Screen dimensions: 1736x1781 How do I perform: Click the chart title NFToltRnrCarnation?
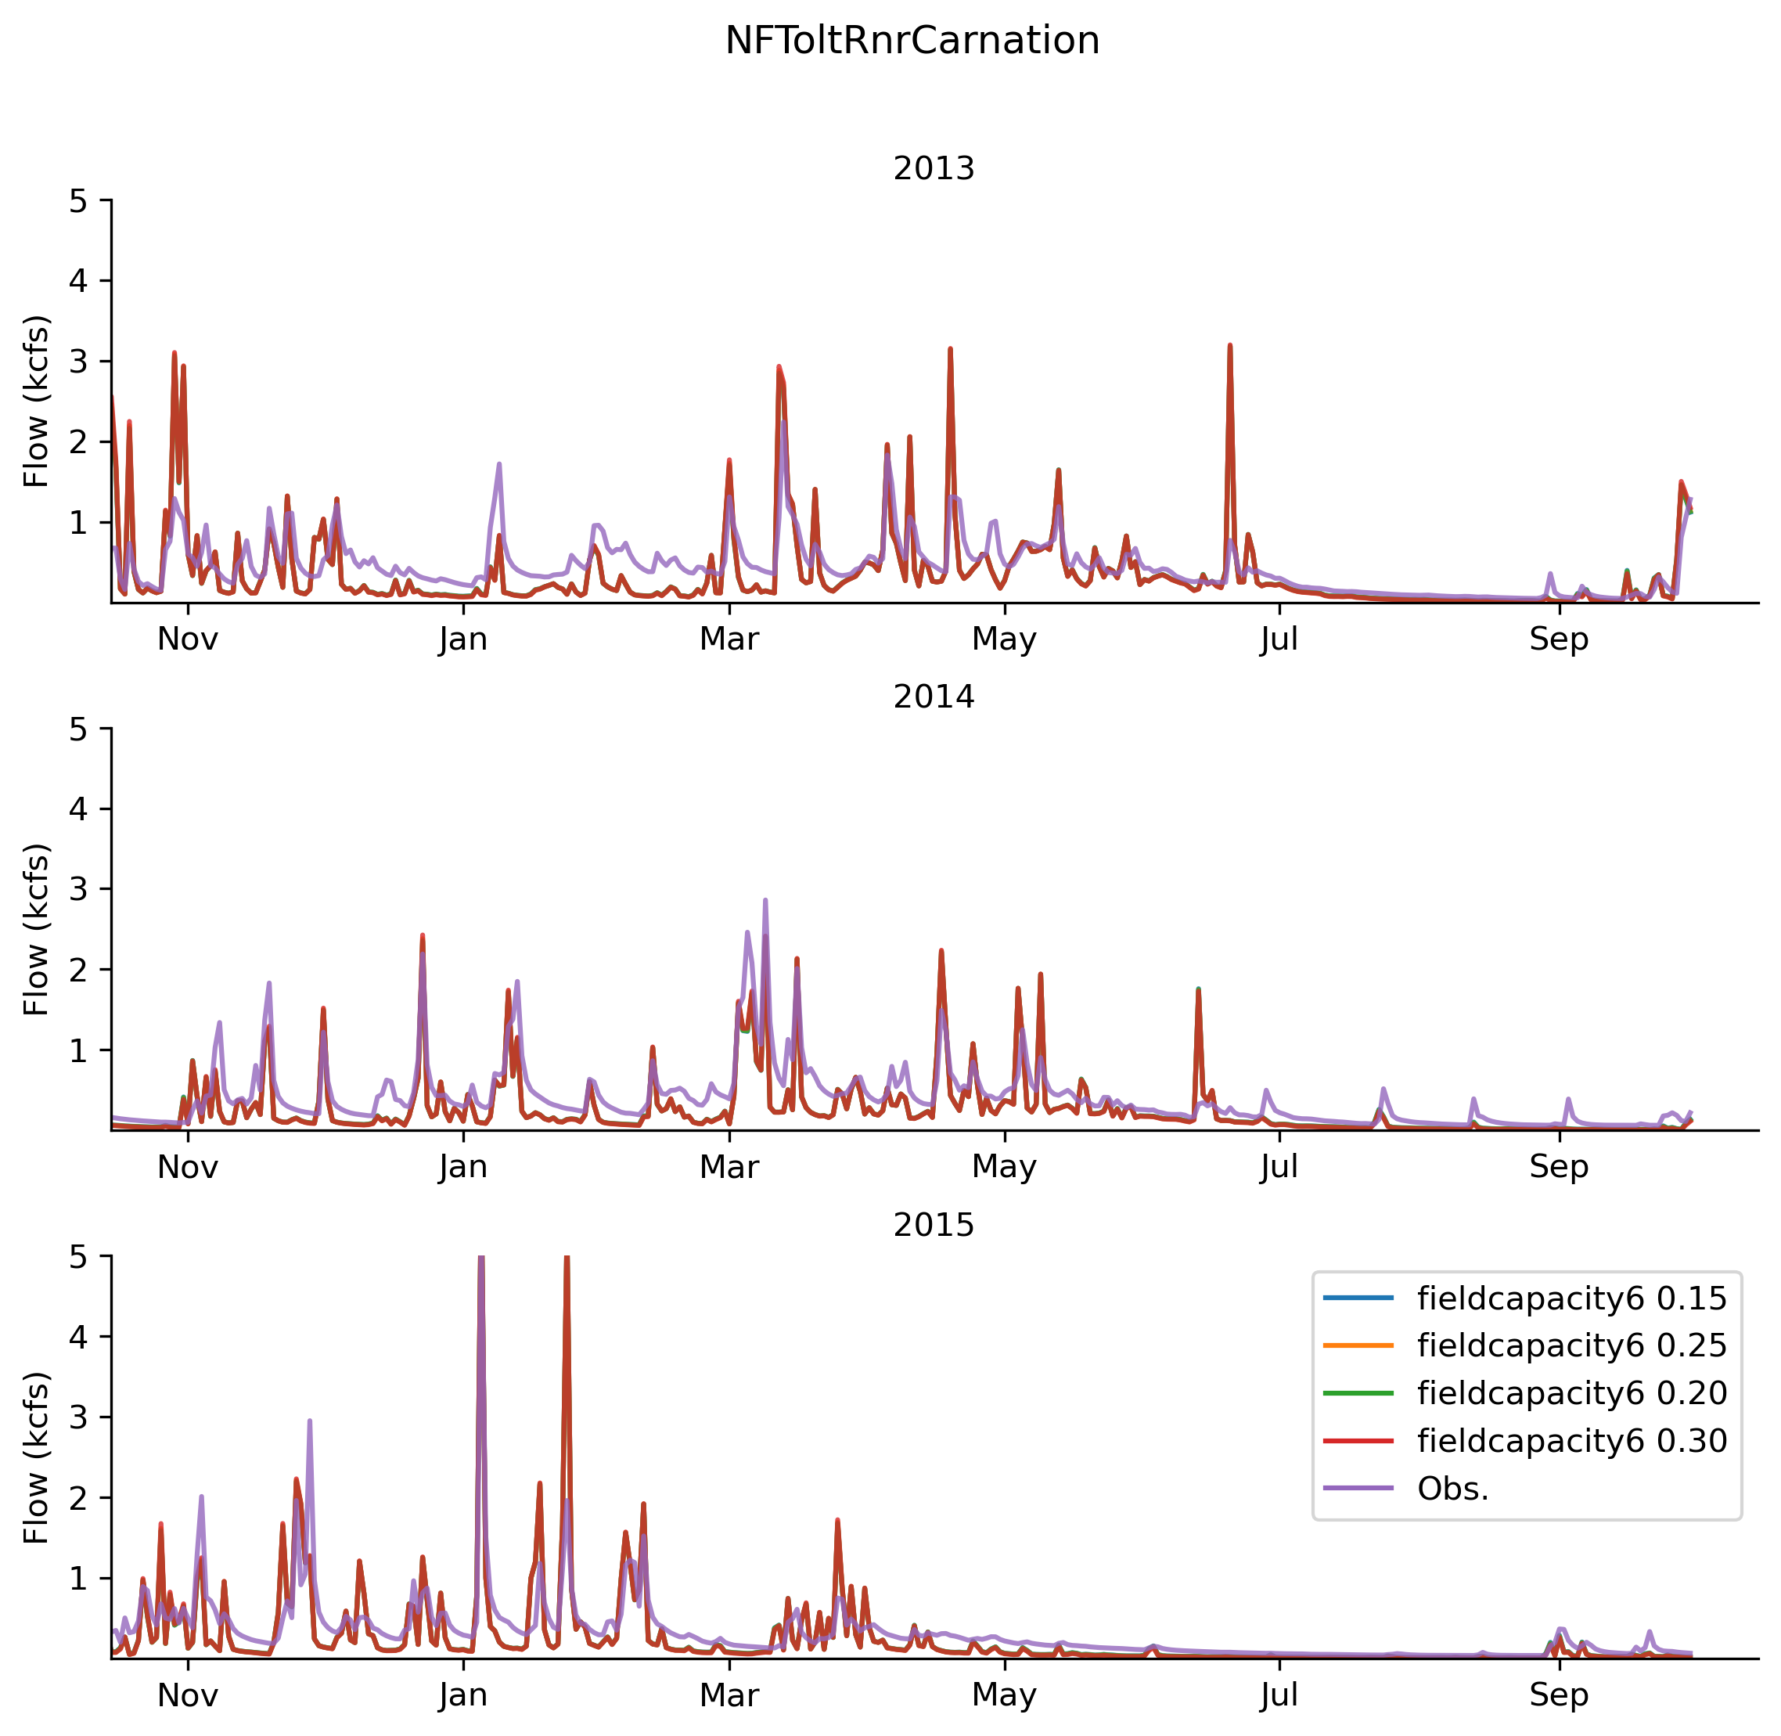point(912,41)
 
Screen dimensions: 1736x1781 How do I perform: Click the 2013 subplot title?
point(934,169)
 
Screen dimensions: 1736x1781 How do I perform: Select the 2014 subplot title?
point(934,697)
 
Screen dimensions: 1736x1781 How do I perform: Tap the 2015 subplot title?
point(934,1224)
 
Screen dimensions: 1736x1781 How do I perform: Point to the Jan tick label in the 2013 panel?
point(463,639)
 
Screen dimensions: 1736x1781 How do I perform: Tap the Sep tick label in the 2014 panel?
point(1559,1166)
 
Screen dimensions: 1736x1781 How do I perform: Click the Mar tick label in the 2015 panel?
point(729,1695)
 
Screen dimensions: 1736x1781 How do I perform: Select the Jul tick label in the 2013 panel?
point(1279,639)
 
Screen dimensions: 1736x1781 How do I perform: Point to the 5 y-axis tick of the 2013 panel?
point(78,200)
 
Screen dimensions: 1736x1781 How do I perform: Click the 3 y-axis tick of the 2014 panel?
point(78,889)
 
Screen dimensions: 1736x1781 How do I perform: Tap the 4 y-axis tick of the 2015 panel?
point(78,1338)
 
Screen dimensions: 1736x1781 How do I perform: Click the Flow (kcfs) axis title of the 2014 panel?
point(37,930)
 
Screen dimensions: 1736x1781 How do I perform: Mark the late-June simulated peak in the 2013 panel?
point(1229,347)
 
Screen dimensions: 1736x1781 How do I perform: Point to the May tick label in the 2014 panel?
point(1005,1166)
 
